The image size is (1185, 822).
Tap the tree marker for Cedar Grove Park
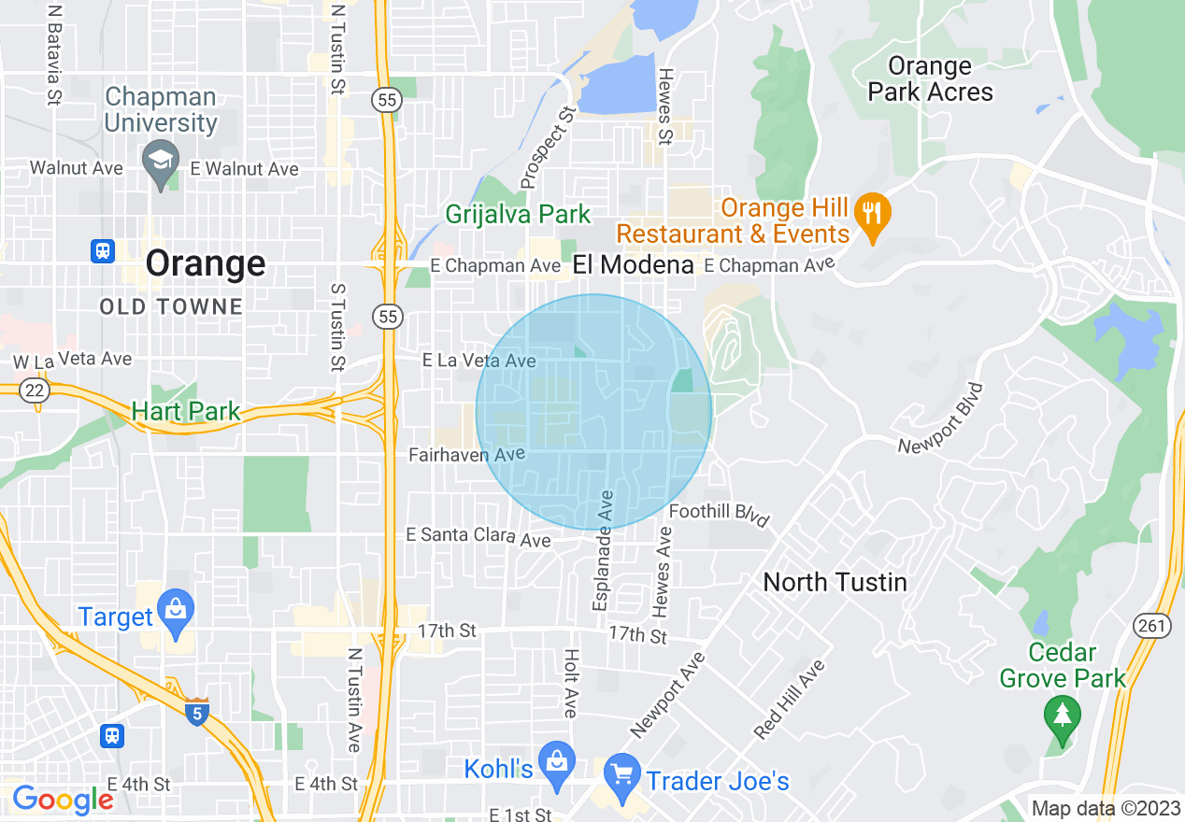1062,716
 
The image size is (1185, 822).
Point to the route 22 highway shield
36,390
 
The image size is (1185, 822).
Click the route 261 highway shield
1153,625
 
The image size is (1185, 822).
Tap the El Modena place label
634,264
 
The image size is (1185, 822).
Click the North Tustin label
835,582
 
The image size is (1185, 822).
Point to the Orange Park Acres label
930,79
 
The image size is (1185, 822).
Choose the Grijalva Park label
518,214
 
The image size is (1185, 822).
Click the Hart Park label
185,410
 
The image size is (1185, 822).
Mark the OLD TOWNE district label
171,306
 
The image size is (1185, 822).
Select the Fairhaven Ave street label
467,455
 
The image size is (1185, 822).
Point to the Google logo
63,800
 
